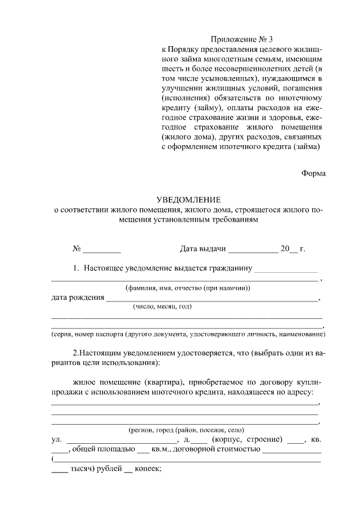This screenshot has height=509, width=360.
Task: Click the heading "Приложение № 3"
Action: tap(241, 39)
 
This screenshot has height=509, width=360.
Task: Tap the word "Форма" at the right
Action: tap(313, 174)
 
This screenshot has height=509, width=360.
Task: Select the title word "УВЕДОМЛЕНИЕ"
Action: tap(188, 200)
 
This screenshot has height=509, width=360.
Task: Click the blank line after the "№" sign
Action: tap(102, 248)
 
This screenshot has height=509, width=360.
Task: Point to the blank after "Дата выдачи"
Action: tap(253, 248)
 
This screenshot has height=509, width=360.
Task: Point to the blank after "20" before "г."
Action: tap(293, 248)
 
